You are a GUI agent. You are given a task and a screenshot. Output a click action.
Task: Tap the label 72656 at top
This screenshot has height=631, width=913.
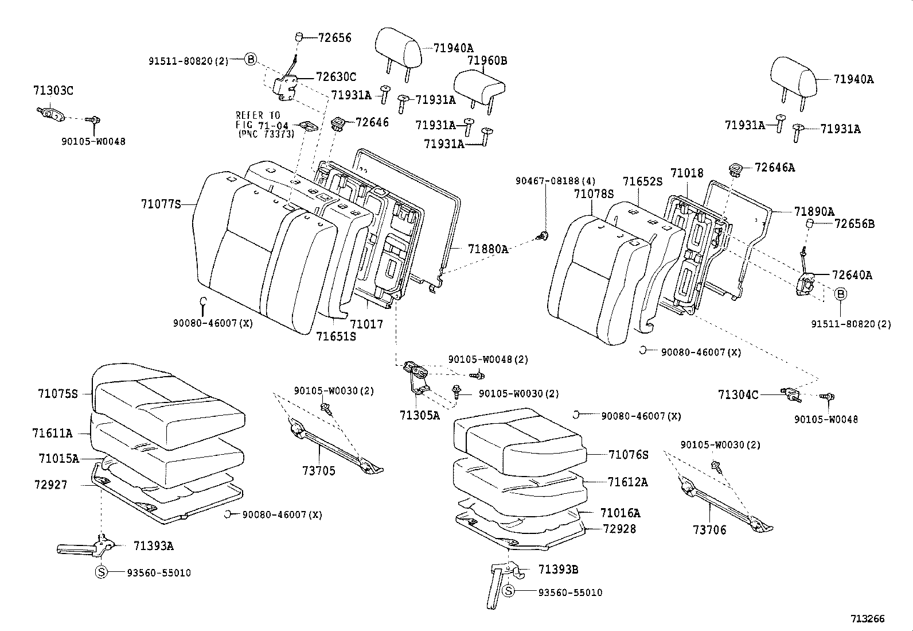pos(335,38)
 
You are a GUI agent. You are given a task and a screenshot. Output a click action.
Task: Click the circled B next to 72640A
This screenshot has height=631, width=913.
pos(840,294)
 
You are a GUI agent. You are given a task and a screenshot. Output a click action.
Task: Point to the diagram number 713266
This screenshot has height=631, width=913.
pos(867,619)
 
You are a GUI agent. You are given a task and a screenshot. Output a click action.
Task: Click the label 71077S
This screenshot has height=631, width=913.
pos(161,203)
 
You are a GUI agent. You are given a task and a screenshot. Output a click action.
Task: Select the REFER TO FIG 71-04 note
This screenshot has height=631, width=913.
pos(265,125)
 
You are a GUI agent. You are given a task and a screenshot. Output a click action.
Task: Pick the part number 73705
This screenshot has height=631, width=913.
pos(319,471)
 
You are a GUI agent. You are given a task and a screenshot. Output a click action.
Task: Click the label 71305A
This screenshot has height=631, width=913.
pos(420,415)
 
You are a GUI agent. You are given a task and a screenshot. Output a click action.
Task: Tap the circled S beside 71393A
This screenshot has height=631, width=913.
pos(101,572)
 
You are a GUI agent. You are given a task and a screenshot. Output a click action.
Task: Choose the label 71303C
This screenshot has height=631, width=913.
pos(53,91)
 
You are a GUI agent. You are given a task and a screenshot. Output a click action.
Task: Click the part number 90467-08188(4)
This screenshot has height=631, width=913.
pos(548,180)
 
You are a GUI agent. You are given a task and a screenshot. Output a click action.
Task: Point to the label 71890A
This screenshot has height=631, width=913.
pos(814,211)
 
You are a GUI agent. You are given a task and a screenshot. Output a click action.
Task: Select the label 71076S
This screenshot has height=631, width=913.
pos(629,455)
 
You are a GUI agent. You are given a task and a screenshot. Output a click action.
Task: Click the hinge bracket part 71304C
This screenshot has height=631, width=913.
pos(793,394)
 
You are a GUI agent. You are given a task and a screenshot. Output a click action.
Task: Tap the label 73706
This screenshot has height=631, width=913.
pos(709,530)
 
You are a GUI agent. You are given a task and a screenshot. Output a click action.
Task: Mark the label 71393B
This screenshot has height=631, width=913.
pos(558,569)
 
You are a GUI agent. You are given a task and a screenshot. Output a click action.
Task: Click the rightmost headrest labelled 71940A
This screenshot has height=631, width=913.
pos(793,78)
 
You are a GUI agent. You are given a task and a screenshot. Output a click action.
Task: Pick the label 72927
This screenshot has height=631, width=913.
pos(50,485)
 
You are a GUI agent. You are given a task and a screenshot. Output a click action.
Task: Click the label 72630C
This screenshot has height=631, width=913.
pos(336,77)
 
